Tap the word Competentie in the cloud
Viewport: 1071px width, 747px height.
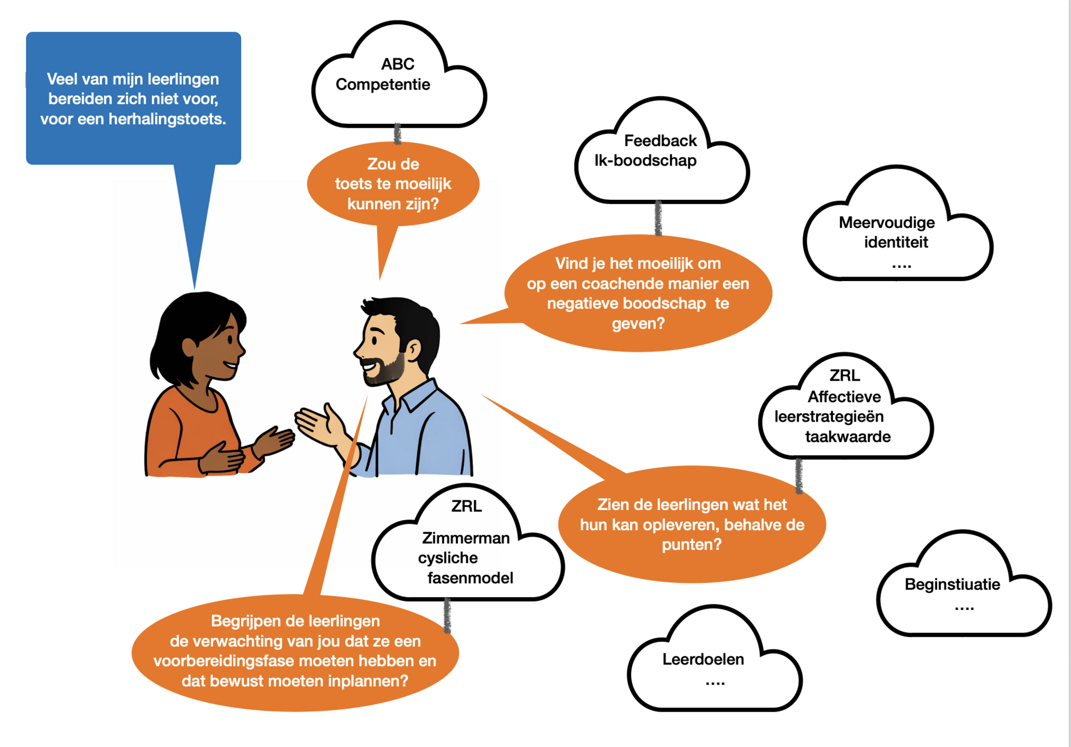383,85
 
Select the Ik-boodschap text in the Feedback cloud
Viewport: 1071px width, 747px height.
645,160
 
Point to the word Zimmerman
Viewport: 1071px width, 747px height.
466,538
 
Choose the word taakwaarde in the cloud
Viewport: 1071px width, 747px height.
848,437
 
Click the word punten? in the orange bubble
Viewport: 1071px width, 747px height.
692,544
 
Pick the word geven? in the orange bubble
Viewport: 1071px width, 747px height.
638,323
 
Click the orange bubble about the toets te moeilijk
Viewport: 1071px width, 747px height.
393,184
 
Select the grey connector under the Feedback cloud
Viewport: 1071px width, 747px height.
658,218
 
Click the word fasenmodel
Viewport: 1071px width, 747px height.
470,578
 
